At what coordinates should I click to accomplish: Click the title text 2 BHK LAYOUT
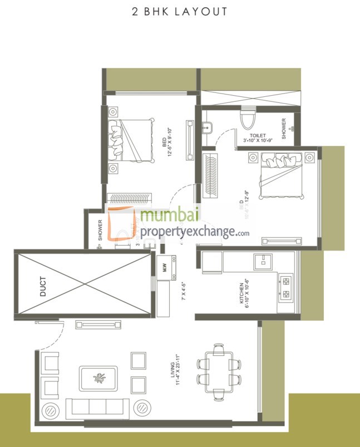pos(180,11)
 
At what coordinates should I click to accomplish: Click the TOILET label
pos(258,136)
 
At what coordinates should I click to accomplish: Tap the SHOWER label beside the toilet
pos(284,129)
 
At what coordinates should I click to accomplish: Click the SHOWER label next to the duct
pos(100,230)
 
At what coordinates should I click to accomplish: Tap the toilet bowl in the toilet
pos(246,119)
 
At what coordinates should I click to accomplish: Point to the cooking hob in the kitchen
pos(287,287)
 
